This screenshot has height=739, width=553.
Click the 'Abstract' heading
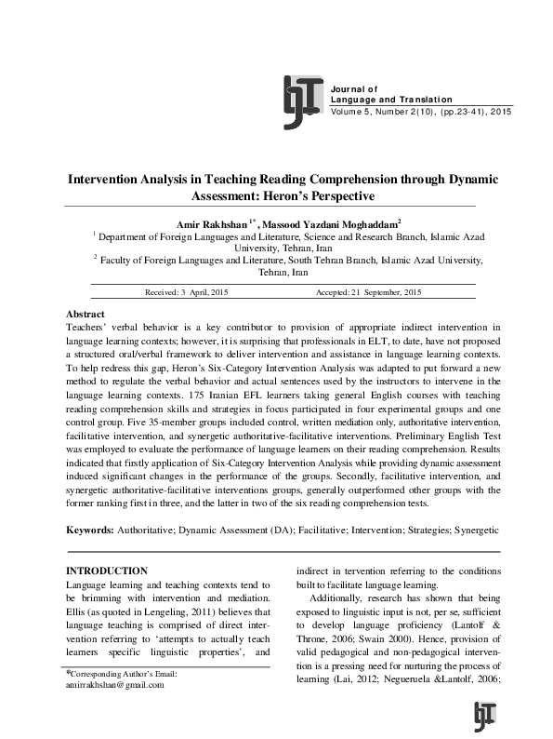(86, 315)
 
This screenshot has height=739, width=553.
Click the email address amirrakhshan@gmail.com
(114, 685)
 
